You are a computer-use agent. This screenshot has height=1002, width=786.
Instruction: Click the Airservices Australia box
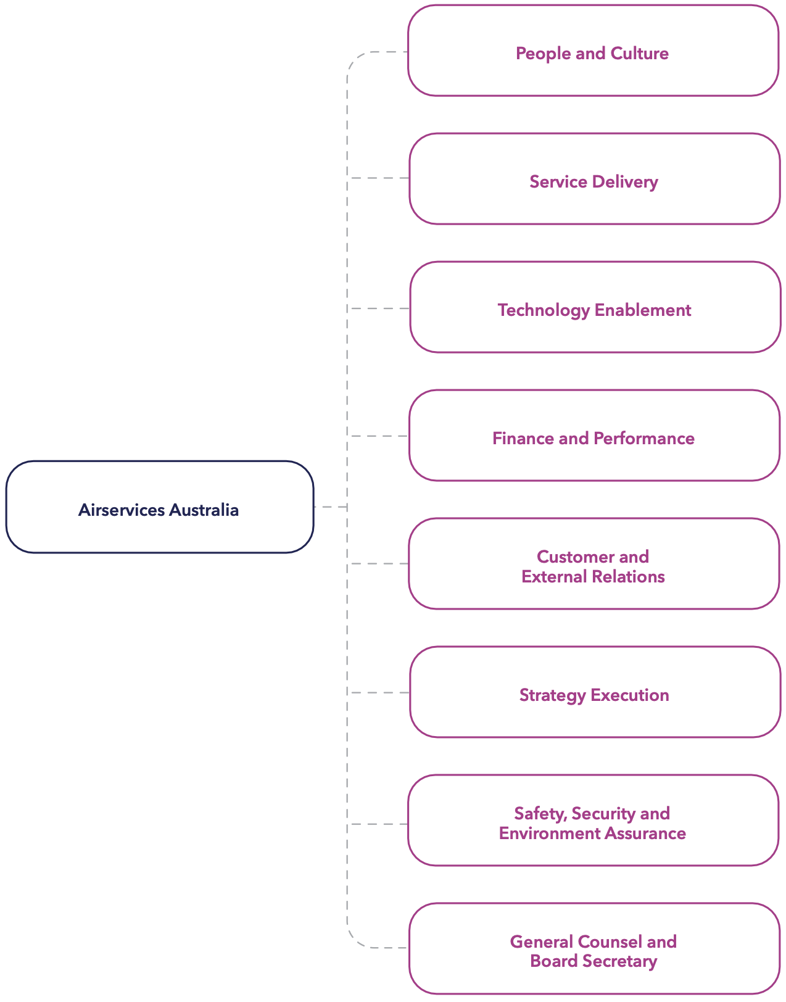(x=160, y=507)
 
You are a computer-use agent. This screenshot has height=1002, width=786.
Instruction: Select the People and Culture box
(x=593, y=51)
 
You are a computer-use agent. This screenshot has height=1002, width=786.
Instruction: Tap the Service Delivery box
(x=594, y=179)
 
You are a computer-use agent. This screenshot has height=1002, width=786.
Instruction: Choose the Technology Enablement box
(x=595, y=307)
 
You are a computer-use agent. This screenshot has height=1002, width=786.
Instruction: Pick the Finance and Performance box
(x=594, y=436)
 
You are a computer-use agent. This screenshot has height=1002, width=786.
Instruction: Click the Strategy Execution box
(x=595, y=692)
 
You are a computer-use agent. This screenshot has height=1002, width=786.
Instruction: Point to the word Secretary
(x=621, y=961)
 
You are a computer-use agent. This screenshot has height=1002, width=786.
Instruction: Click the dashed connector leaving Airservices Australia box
(x=330, y=507)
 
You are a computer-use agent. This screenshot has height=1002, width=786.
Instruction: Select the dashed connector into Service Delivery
(x=379, y=178)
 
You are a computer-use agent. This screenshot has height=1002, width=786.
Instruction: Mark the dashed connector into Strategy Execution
(x=379, y=693)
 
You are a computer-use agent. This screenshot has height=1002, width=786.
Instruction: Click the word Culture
(x=639, y=54)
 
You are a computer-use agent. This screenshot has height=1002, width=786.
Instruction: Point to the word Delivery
(x=625, y=182)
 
